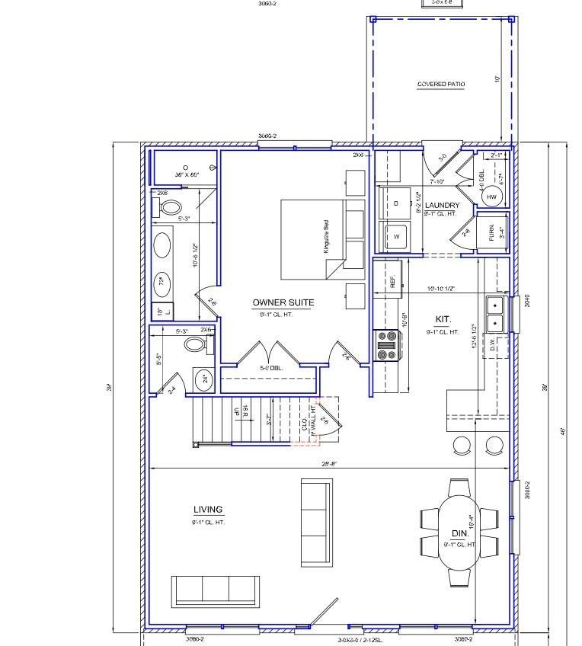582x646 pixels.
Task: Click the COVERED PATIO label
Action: coord(440,85)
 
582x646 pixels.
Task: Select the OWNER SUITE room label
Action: coord(283,302)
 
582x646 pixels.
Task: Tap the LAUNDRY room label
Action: coord(442,206)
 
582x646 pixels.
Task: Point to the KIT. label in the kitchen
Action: coord(443,320)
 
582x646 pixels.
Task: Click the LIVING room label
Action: coord(208,510)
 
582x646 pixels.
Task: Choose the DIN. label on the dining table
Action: coord(460,534)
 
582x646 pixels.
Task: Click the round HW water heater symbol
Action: coord(491,197)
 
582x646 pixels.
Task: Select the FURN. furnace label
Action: coord(491,231)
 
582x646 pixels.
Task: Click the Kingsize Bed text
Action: coord(325,236)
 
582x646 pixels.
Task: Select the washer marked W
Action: coord(396,237)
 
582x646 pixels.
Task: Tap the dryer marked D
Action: coord(396,203)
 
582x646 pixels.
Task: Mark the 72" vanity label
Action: coord(161,283)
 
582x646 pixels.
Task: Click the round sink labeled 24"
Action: coord(204,379)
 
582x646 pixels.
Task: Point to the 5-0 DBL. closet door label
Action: coord(271,368)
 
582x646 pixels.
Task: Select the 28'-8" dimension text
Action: coord(328,463)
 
